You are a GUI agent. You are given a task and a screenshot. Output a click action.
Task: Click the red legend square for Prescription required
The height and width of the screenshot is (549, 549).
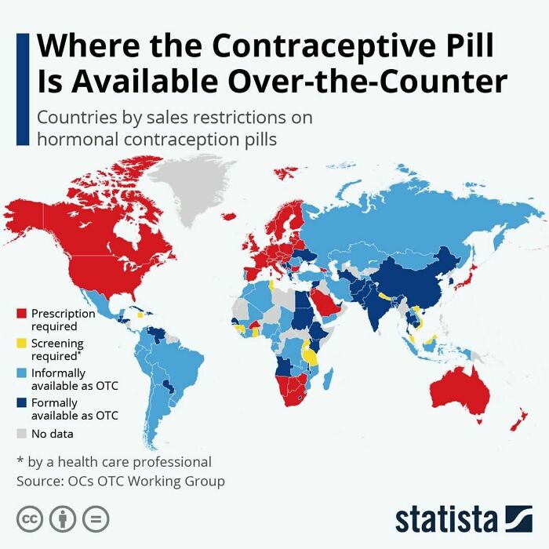(22, 313)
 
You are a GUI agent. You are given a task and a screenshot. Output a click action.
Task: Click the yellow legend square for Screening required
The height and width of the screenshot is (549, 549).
(22, 343)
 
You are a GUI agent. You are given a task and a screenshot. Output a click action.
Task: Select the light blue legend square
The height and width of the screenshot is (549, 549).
(22, 373)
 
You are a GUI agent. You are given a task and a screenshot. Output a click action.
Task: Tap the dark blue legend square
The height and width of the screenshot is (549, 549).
(22, 403)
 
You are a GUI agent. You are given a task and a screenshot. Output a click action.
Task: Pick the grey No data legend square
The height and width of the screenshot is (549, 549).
(22, 433)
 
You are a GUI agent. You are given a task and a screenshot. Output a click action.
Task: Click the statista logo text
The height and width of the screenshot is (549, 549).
(446, 518)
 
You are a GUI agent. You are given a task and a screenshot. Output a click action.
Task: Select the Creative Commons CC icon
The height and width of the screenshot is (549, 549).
(30, 518)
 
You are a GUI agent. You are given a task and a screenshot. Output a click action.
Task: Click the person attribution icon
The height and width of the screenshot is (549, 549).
(63, 518)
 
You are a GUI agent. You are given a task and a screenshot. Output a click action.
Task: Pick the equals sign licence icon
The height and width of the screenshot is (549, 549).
(95, 518)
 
